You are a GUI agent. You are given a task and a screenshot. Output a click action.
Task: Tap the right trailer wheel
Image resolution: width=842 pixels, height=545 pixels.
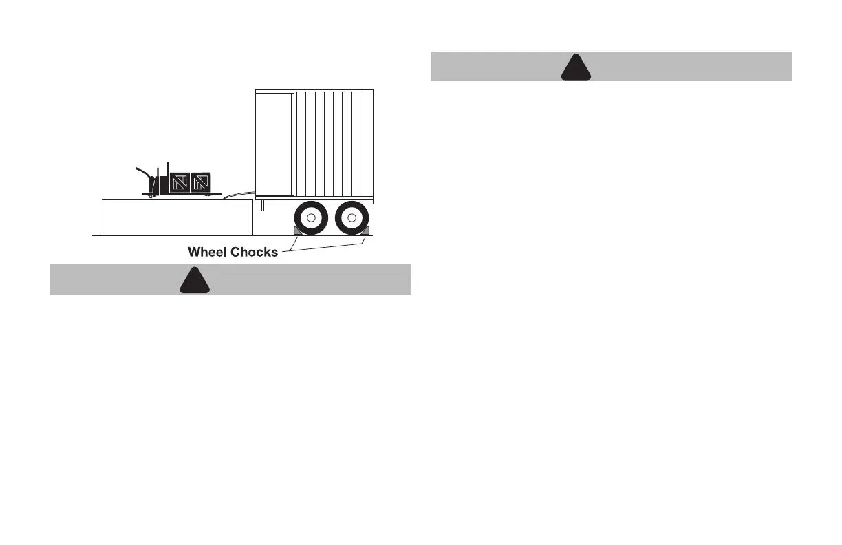click(352, 218)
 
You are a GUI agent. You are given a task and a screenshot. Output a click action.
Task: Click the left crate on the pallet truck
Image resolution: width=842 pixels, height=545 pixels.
click(180, 182)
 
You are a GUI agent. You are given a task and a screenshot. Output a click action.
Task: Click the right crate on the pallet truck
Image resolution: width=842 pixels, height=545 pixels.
click(200, 182)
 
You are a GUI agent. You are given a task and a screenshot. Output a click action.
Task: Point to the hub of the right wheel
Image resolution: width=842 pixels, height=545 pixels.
click(352, 218)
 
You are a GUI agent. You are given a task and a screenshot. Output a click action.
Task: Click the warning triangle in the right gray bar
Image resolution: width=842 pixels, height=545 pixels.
click(576, 67)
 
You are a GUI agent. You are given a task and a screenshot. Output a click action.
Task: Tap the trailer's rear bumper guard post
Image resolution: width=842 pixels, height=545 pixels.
click(263, 205)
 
